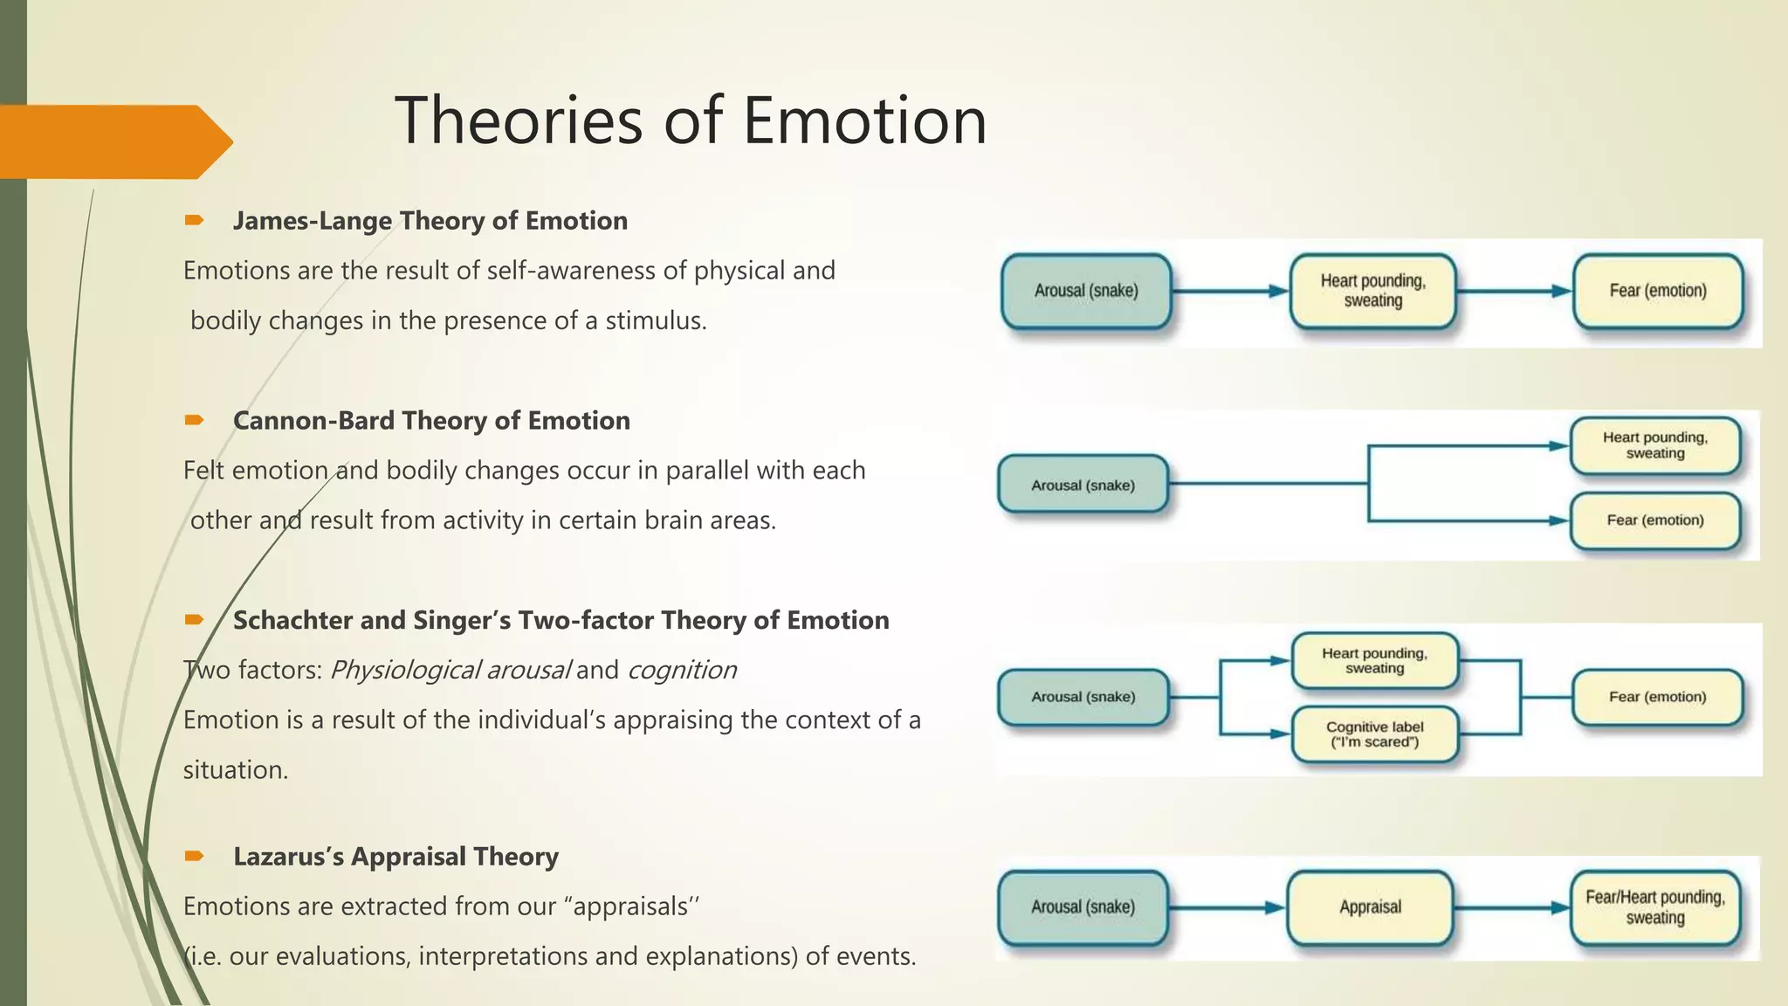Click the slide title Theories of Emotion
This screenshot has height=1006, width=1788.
pos(691,121)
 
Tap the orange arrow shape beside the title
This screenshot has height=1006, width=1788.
pos(113,141)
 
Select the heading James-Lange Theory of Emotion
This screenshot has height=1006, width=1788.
pos(430,221)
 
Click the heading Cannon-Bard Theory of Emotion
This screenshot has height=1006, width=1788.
pos(431,421)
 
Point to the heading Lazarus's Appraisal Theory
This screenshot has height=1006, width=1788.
pos(395,857)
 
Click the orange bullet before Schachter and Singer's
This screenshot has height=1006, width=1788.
pos(194,620)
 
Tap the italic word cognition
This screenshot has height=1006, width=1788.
pos(682,671)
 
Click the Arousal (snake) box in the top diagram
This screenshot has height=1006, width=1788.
pos(1086,291)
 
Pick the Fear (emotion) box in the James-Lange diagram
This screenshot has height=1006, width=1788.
pos(1657,291)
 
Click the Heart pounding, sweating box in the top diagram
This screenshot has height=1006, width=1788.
pos(1372,291)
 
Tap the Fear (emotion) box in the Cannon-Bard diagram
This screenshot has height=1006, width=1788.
pos(1654,520)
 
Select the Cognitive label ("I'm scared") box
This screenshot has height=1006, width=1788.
pos(1374,734)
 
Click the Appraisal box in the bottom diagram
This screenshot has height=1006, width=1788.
pos(1370,907)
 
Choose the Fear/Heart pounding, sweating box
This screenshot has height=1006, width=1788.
pos(1654,907)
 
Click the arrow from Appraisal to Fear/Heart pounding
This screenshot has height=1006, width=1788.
pos(1511,908)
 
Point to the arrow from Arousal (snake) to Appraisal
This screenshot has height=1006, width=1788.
pos(1227,908)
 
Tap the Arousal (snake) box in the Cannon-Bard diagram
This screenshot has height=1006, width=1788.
pos(1083,486)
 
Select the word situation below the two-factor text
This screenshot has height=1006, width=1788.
pos(234,770)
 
